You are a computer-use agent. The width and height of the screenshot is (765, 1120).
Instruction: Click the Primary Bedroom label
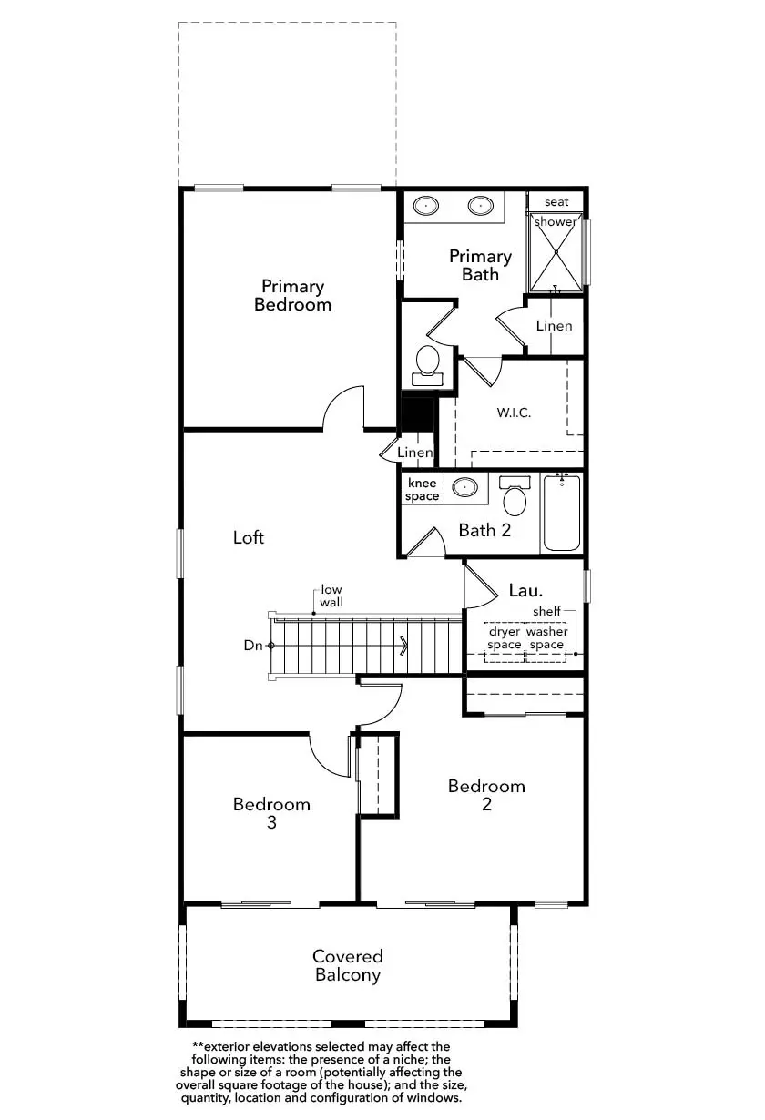(x=292, y=295)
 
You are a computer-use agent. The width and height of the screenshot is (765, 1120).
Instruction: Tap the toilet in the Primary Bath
(x=427, y=365)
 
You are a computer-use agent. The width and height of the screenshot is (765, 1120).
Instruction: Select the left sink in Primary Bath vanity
(x=426, y=205)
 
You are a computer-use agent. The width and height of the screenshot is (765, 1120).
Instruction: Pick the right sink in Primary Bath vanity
(x=481, y=205)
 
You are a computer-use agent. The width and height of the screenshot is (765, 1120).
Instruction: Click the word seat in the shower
(x=556, y=202)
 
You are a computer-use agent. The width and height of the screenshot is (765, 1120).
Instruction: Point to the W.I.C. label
(x=514, y=412)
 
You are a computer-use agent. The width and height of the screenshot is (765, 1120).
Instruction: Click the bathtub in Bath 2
(x=562, y=513)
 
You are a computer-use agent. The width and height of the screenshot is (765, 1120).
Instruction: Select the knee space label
(x=422, y=490)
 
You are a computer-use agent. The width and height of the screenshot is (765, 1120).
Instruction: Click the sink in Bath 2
(x=464, y=486)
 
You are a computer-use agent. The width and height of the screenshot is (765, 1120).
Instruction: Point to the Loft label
(x=249, y=537)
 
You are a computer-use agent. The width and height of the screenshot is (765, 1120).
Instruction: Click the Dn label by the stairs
(x=253, y=646)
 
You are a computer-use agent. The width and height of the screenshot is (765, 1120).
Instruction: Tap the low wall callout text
(x=331, y=596)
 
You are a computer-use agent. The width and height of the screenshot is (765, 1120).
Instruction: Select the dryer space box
(x=504, y=643)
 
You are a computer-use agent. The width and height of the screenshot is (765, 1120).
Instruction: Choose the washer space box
(x=546, y=643)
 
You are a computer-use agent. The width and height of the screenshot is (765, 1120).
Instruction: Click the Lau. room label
(x=525, y=590)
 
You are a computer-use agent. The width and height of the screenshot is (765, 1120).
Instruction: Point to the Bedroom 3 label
(x=271, y=813)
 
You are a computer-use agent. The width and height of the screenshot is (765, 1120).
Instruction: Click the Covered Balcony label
(x=348, y=965)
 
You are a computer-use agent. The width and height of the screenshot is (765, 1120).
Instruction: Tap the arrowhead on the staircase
(x=404, y=646)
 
